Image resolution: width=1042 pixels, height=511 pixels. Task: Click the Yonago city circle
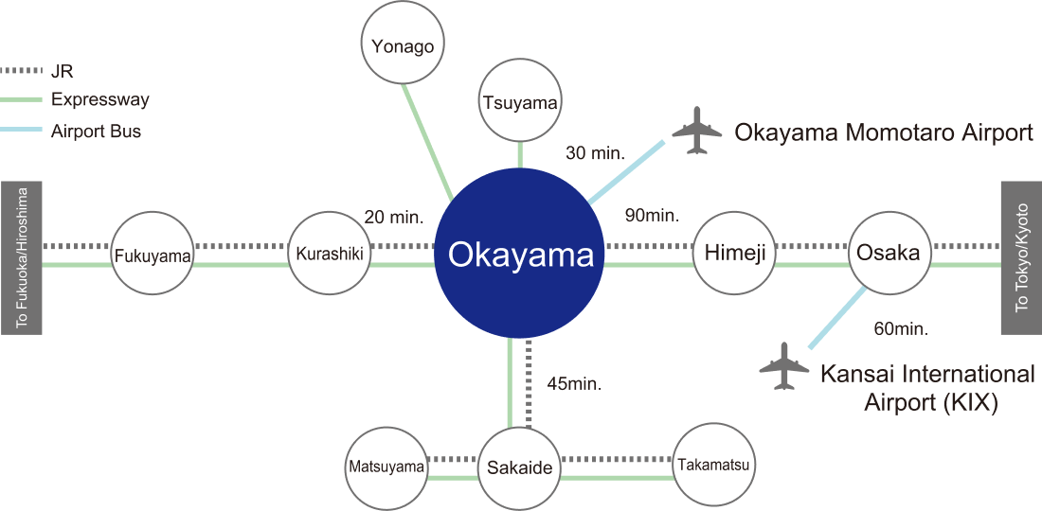404,45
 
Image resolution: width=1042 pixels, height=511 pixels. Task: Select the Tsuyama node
519,102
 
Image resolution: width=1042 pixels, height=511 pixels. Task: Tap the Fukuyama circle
153,255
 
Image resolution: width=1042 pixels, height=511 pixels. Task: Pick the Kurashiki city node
329,254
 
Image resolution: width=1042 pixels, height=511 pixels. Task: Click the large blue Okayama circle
519,254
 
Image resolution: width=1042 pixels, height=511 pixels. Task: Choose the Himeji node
735,254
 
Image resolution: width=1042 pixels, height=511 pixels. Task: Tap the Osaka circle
888,253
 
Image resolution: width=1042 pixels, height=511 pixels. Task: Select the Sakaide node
519,467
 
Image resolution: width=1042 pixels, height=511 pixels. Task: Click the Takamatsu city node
712,465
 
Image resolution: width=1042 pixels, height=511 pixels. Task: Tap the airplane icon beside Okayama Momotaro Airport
697,132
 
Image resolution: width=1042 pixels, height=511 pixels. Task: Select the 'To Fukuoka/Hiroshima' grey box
22,257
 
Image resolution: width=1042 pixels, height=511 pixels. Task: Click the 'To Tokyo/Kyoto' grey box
1021,257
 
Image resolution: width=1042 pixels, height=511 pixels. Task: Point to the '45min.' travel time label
574,384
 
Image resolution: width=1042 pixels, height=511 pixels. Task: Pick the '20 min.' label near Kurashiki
393,218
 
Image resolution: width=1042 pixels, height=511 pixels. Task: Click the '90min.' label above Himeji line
652,216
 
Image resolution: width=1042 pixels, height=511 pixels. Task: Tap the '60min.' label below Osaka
899,329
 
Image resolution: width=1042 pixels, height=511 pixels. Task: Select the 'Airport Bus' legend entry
96,132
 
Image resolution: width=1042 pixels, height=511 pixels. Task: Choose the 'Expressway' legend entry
99,99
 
